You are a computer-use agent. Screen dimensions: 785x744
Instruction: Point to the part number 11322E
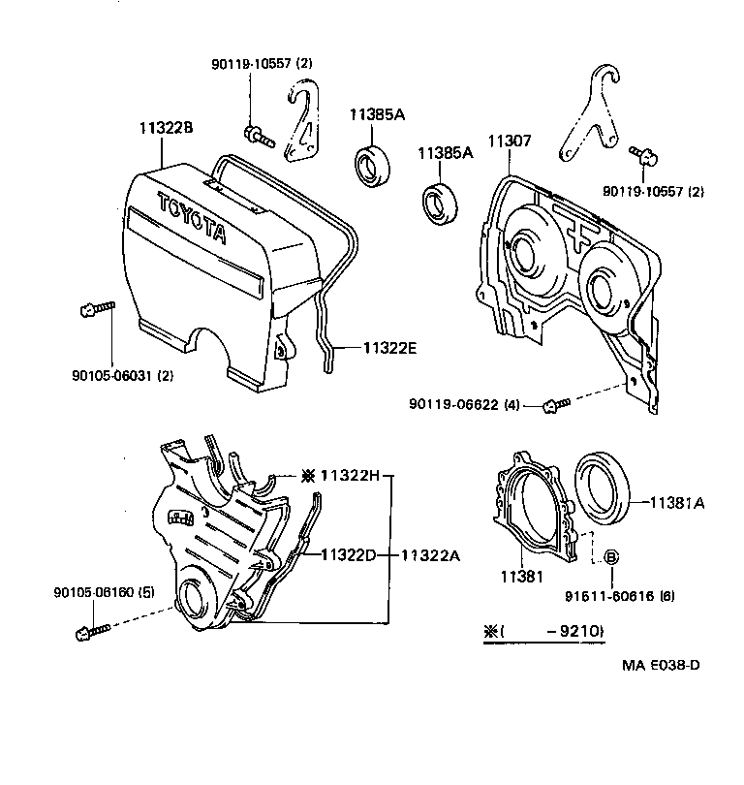389,347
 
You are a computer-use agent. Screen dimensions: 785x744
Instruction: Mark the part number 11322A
432,555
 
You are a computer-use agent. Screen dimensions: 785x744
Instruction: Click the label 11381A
676,502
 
